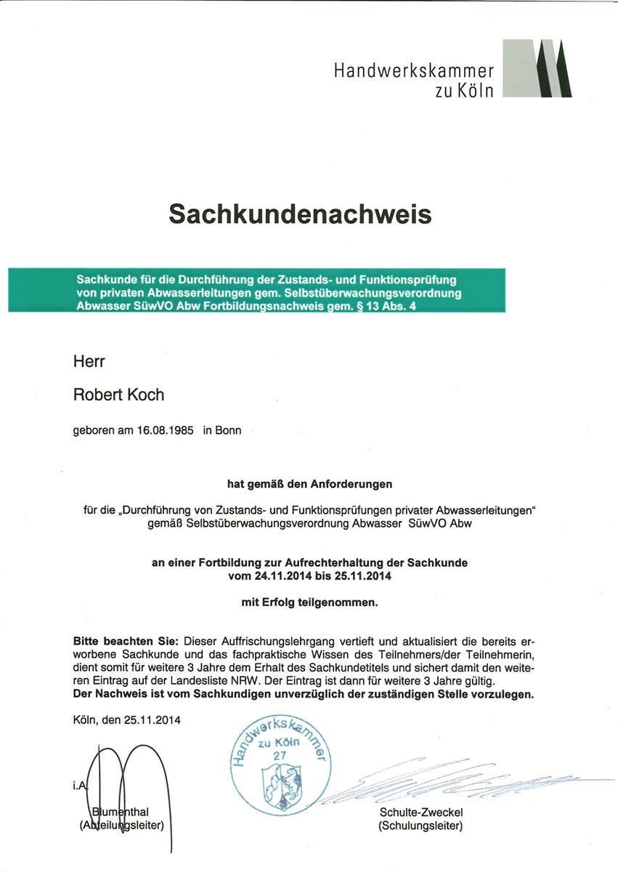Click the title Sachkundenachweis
pos(300,214)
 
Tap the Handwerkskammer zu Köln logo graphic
pos(537,68)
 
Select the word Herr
pos(89,361)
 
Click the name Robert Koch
pos(119,395)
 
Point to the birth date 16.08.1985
pos(165,430)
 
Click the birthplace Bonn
pos(228,430)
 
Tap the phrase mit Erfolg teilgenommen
pos(309,602)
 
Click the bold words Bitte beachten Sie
pos(126,642)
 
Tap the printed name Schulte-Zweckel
pos(420,812)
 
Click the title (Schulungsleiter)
pos(420,825)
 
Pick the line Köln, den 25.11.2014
pos(127,720)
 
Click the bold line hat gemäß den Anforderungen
pos(309,483)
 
